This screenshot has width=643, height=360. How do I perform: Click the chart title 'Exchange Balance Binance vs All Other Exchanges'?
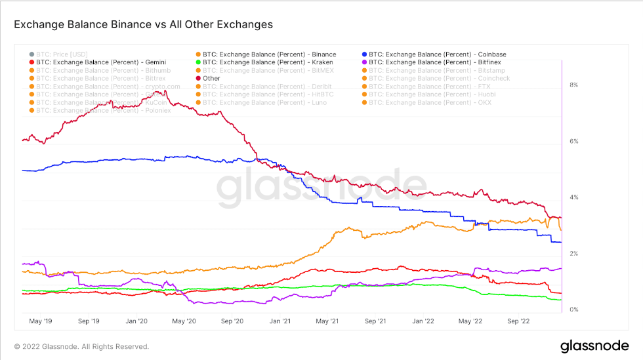click(x=143, y=25)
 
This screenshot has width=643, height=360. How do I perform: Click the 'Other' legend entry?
click(x=211, y=78)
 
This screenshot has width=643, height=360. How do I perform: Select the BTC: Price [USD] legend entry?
click(x=62, y=54)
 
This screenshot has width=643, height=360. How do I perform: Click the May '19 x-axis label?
click(x=41, y=321)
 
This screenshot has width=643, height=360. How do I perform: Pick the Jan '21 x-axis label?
click(x=280, y=321)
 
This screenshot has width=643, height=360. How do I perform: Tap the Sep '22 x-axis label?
click(x=518, y=321)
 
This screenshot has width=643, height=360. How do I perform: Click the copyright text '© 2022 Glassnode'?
click(x=81, y=346)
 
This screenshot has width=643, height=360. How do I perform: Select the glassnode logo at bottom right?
click(x=594, y=346)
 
